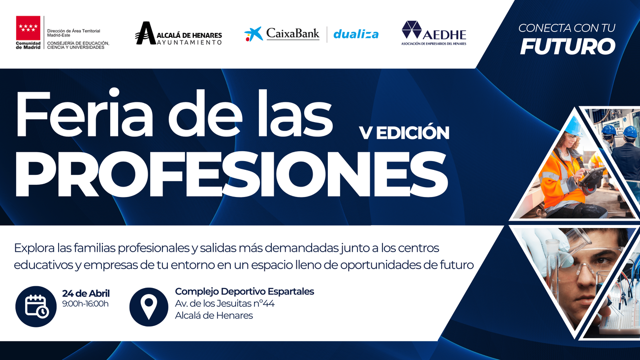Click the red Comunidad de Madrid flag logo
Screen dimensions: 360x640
[x=29, y=28]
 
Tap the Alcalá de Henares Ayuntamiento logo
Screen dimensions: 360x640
[x=178, y=34]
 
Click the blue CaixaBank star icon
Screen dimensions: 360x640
[x=254, y=34]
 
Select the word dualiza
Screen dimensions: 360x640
[x=355, y=34]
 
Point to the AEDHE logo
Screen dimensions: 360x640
[x=433, y=33]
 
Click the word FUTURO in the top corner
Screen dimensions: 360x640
[x=568, y=47]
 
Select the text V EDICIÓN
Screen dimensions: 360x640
[x=404, y=133]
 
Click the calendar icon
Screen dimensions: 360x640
[x=36, y=306]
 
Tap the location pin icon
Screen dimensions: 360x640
[x=149, y=306]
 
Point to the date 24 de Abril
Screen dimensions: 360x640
[x=86, y=294]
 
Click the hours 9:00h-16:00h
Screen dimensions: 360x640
[x=85, y=304]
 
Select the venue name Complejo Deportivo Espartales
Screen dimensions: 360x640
[x=244, y=292]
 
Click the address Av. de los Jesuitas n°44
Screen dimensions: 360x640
[x=224, y=303]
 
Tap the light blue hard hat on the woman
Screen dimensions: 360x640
[x=573, y=127]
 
